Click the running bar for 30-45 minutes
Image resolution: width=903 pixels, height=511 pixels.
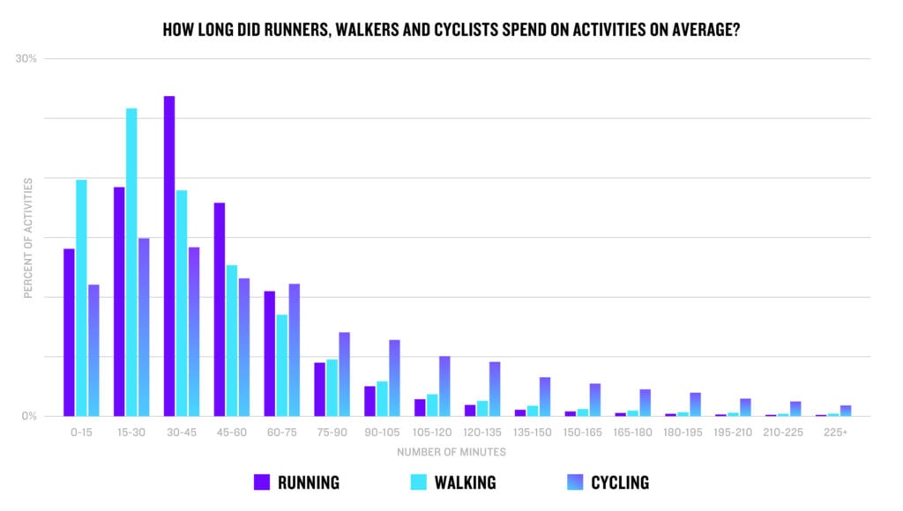point(169,255)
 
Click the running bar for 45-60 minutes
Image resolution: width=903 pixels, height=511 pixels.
point(220,309)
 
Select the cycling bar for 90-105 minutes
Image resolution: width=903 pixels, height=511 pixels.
point(395,378)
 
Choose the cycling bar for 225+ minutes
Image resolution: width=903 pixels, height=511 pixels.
point(846,411)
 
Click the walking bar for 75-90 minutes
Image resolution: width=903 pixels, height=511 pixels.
point(332,388)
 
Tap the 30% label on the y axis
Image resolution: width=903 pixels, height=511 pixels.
point(26,59)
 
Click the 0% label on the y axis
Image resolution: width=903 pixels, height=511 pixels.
point(29,416)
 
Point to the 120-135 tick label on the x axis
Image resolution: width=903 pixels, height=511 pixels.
point(482,433)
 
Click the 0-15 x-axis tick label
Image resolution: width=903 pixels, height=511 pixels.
point(81,433)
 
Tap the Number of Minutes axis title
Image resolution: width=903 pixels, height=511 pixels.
point(451,452)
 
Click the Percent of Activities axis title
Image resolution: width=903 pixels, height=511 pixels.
point(27,238)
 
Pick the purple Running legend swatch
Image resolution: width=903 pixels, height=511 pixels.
point(261,482)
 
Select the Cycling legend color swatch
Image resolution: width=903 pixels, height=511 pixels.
point(574,482)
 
